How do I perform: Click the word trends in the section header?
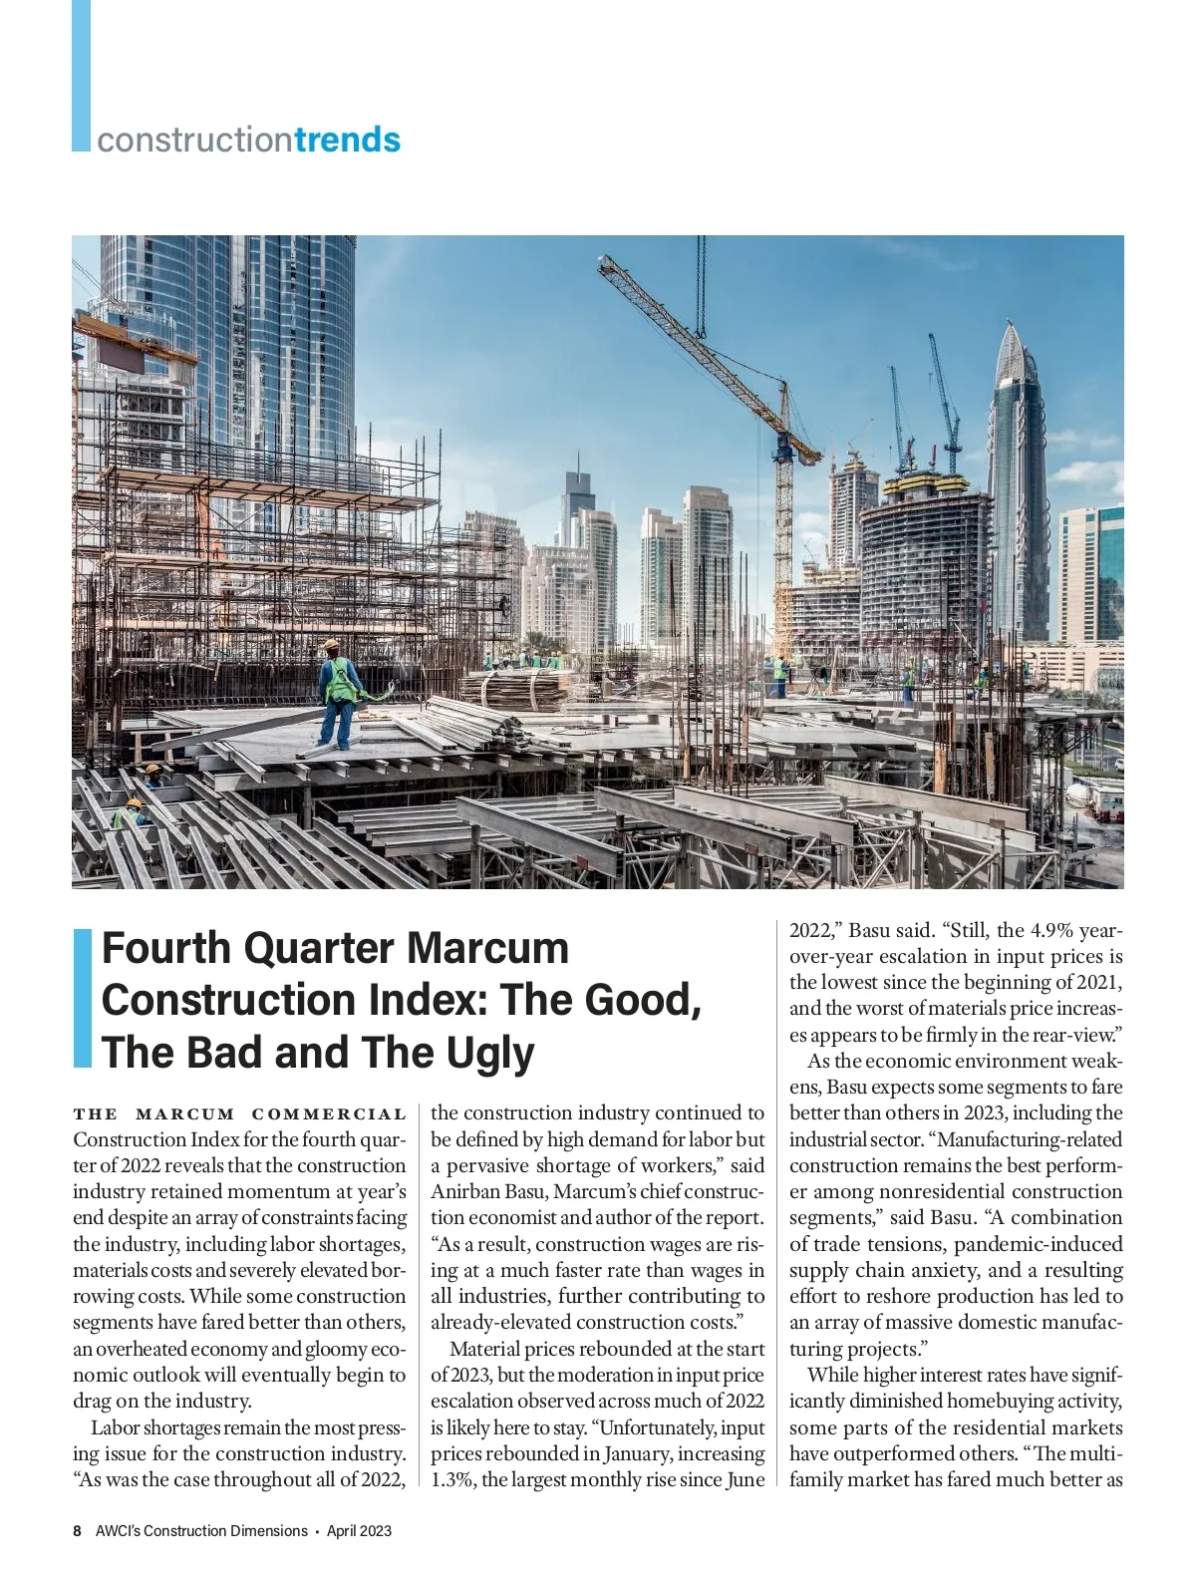348,140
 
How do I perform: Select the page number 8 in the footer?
77,1530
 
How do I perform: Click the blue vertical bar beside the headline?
83,998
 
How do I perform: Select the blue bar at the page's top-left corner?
81,75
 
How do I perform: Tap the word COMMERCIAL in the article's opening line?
329,1113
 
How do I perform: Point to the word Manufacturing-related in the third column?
1031,1139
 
